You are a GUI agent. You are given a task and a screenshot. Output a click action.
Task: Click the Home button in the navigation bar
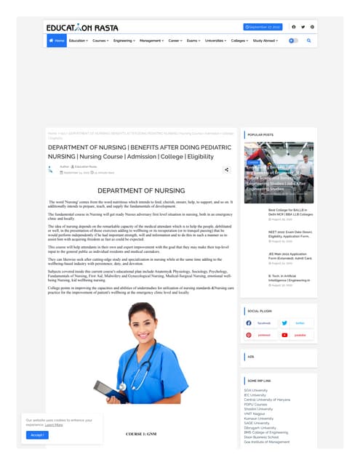[x=56, y=41]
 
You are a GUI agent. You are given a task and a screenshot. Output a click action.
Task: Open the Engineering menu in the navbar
[x=124, y=41]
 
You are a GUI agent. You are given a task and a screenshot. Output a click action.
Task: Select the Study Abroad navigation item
[x=266, y=41]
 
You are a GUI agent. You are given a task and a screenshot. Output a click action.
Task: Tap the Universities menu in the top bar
[x=216, y=41]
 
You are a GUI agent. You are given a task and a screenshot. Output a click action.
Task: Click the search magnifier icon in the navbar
[x=308, y=41]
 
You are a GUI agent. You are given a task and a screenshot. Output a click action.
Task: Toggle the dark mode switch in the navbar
[x=292, y=41]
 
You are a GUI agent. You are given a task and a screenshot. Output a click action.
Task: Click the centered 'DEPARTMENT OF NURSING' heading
[x=140, y=190]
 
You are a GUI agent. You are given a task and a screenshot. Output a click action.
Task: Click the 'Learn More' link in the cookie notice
[x=54, y=424]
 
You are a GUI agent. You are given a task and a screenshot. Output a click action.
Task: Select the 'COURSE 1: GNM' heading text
[x=140, y=434]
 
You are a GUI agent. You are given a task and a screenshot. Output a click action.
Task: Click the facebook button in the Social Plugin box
[x=260, y=323]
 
